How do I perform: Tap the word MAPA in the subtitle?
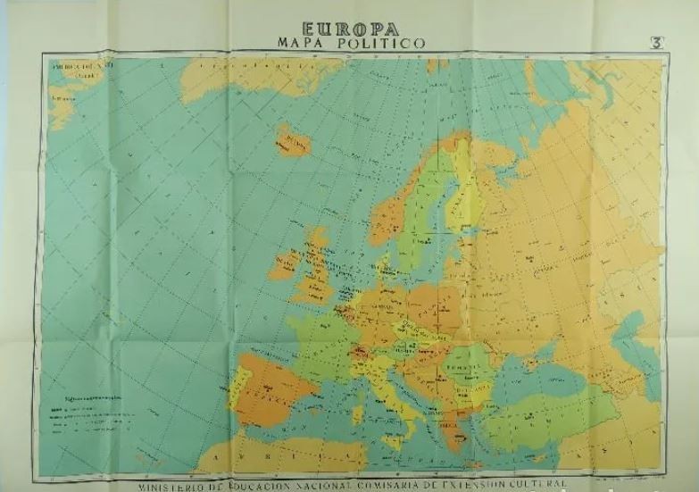point(296,42)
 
